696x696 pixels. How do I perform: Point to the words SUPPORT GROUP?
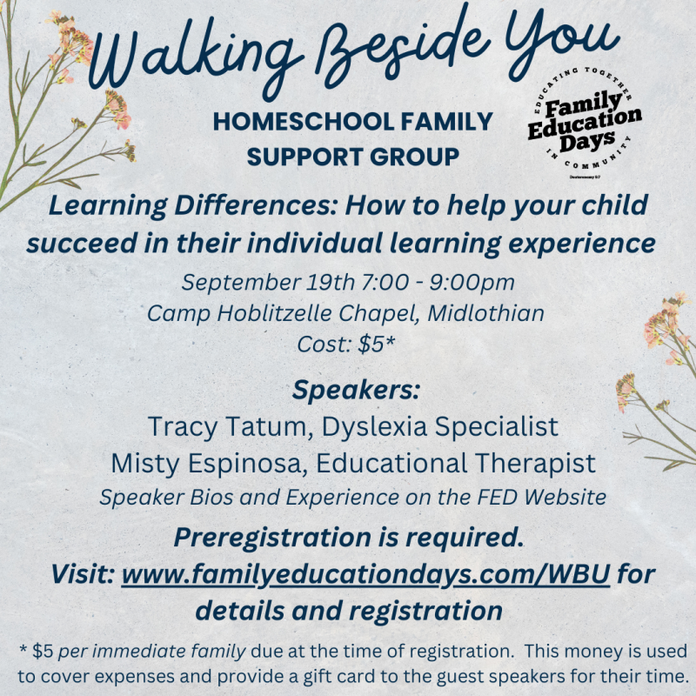tap(353, 157)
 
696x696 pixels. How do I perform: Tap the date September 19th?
tap(268, 282)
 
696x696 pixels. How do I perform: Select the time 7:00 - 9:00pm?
tap(438, 282)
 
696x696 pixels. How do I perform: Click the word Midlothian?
tap(485, 313)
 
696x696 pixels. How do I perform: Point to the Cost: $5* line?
tap(345, 344)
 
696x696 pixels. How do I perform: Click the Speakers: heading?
tap(356, 390)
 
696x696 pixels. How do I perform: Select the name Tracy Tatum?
tap(227, 426)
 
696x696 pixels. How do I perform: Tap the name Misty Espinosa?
tap(207, 464)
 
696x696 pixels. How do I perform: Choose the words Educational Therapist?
tap(455, 464)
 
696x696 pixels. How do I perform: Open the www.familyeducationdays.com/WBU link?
tap(365, 574)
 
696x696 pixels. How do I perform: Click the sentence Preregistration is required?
tap(349, 538)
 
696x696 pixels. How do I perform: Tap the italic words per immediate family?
tap(151, 652)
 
